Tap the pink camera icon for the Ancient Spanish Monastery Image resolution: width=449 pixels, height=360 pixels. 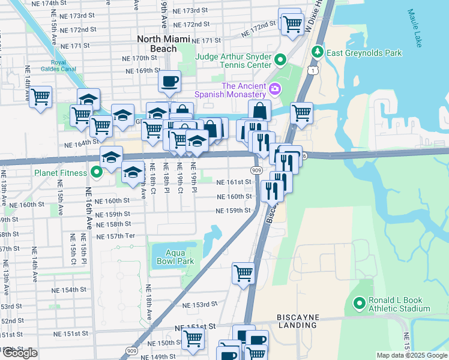(x=275, y=89)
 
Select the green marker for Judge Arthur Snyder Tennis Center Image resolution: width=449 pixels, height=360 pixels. (x=280, y=60)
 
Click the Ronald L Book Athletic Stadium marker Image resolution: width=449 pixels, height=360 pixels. (x=360, y=304)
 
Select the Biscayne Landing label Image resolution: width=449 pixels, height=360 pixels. (x=297, y=320)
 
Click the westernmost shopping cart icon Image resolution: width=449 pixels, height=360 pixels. (x=40, y=96)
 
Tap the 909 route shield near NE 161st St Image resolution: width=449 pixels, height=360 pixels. (x=256, y=171)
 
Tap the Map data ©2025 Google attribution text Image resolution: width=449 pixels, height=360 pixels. (x=411, y=355)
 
